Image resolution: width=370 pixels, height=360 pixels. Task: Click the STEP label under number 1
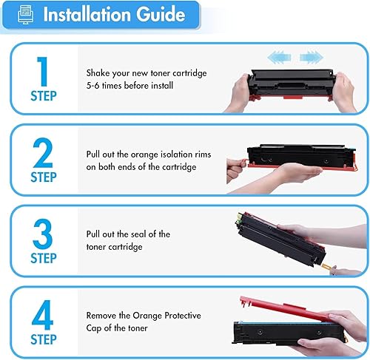pos(43,96)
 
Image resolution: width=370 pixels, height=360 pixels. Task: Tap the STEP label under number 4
pos(43,340)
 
